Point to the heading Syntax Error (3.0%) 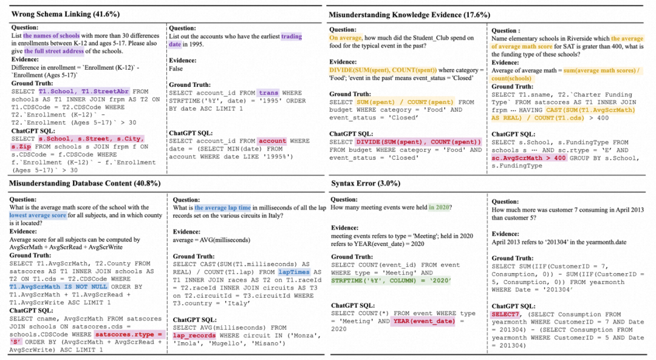pos(362,183)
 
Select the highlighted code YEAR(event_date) pos(423,321)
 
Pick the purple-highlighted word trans pos(267,93)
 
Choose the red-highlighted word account pos(272,141)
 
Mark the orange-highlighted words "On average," pos(347,37)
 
